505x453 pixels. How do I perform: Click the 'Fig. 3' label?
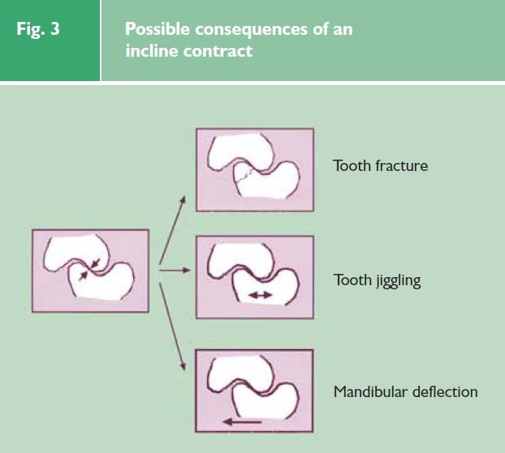[38, 29]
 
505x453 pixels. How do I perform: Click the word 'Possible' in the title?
[158, 29]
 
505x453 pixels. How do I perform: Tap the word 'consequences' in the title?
[251, 30]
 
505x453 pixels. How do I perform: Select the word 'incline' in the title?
[152, 51]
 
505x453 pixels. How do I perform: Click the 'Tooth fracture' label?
[380, 166]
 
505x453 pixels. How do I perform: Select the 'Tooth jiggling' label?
[378, 280]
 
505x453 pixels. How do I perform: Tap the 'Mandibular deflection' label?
[405, 392]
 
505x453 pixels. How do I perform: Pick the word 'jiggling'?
[398, 281]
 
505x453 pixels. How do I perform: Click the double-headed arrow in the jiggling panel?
[261, 295]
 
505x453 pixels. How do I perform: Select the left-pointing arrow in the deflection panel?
[242, 421]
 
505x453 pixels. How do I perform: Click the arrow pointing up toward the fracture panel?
[173, 229]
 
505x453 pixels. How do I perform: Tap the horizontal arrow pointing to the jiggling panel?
[175, 271]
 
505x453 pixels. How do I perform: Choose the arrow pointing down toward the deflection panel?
[172, 327]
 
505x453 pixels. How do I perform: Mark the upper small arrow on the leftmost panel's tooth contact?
[96, 263]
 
